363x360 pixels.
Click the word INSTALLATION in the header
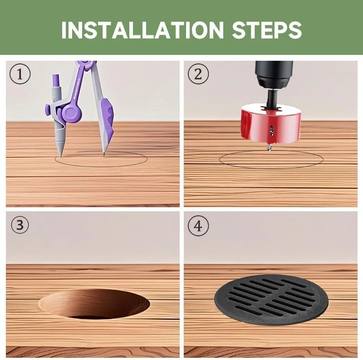click(x=142, y=30)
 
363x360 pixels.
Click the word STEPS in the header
click(x=267, y=30)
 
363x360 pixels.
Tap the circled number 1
click(x=20, y=74)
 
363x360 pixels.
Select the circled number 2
click(x=198, y=74)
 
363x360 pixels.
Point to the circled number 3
click(x=20, y=225)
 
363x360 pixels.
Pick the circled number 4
click(x=198, y=226)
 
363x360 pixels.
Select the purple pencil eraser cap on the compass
click(x=56, y=80)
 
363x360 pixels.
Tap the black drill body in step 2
click(x=274, y=74)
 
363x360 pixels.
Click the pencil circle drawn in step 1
click(x=101, y=167)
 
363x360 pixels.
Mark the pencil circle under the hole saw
click(x=271, y=168)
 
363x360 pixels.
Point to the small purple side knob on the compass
click(x=48, y=110)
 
